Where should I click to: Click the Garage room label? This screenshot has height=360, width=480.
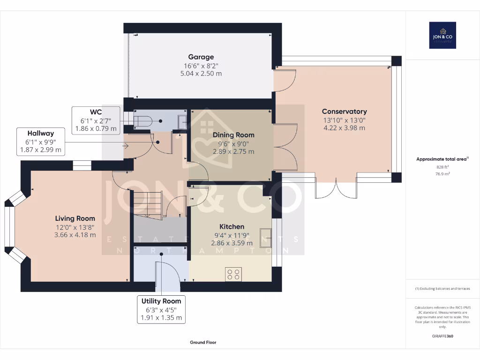tap(201, 57)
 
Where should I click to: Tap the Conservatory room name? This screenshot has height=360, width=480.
tap(344, 112)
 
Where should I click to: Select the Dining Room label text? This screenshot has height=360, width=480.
tap(233, 135)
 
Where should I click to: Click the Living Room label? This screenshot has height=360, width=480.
tap(75, 218)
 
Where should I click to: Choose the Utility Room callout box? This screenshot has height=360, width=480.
tap(161, 309)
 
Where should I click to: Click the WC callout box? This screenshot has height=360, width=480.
tap(96, 120)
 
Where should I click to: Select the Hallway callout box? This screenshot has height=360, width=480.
tap(40, 142)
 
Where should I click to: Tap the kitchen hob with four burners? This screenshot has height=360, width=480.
tap(233, 274)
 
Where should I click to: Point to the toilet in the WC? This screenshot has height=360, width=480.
tap(143, 121)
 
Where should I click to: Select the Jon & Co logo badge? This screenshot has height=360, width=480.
tap(442, 35)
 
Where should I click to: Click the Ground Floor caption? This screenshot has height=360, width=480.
tap(203, 343)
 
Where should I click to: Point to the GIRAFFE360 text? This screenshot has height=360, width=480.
tap(442, 336)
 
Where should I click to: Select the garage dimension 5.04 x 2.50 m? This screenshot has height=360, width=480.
tap(201, 74)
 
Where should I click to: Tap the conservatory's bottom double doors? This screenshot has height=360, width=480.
tap(336, 187)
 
